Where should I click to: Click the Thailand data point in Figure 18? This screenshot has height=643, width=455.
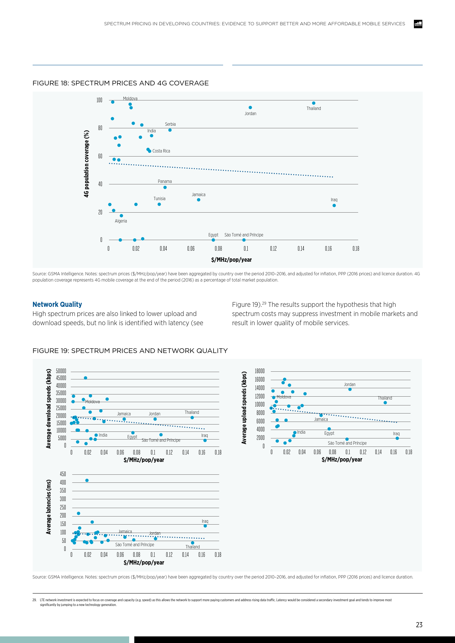(x=314, y=103)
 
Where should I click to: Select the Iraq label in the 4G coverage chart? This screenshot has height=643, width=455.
(x=334, y=200)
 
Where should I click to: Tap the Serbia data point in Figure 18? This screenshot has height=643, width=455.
(x=170, y=130)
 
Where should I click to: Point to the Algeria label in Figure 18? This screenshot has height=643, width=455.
(x=121, y=221)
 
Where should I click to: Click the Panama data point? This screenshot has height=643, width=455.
(x=165, y=187)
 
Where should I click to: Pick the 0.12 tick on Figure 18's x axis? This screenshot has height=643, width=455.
(x=273, y=249)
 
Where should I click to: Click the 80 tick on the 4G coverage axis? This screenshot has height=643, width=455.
(x=100, y=128)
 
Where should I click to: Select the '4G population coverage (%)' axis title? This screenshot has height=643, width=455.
(x=87, y=163)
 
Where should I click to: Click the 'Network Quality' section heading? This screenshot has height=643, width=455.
(x=57, y=304)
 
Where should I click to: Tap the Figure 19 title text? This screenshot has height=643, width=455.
(x=130, y=351)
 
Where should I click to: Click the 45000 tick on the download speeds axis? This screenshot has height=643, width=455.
(x=61, y=378)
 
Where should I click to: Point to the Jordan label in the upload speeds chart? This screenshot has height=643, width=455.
(x=349, y=385)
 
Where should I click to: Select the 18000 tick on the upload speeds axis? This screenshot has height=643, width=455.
(x=259, y=371)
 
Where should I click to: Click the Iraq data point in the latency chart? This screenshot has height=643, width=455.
(x=205, y=526)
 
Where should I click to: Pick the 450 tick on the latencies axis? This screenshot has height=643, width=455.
(x=63, y=474)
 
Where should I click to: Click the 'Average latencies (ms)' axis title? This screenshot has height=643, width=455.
(x=49, y=507)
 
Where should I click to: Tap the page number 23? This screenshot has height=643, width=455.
(x=419, y=625)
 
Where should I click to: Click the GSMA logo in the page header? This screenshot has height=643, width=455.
(x=418, y=24)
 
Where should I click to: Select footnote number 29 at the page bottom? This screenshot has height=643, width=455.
(x=34, y=600)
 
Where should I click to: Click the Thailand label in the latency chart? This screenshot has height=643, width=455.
(x=193, y=547)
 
